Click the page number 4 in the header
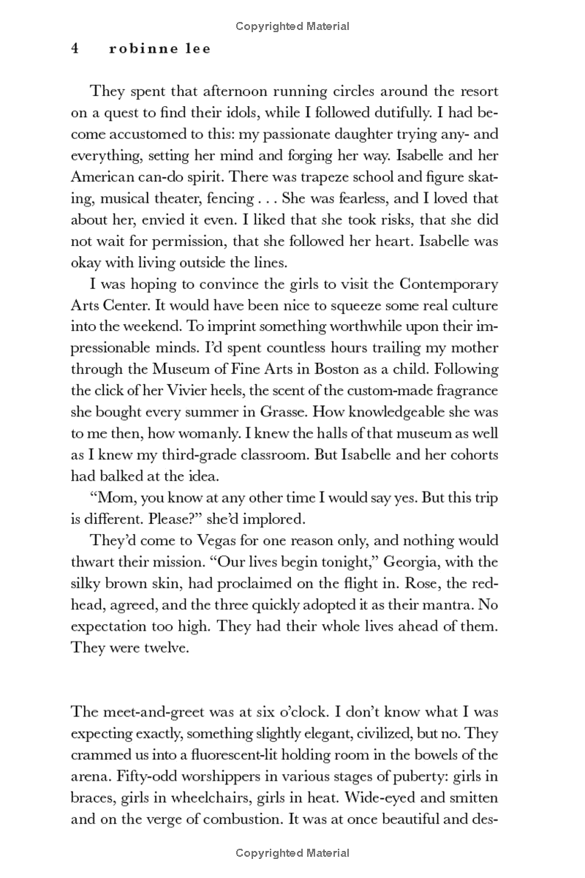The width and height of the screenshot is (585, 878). click(x=75, y=49)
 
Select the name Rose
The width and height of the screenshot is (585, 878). click(x=434, y=582)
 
